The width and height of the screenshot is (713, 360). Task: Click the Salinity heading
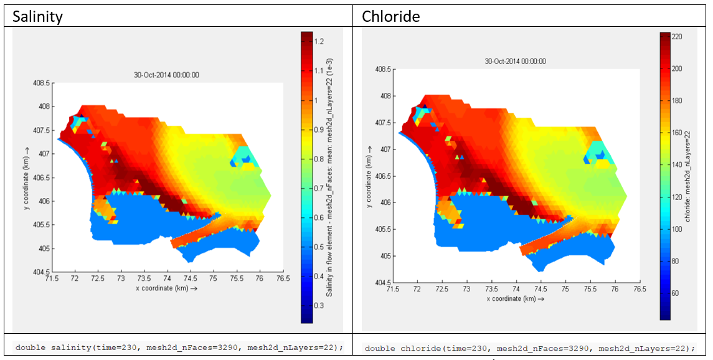click(38, 17)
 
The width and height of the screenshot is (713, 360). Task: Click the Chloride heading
click(390, 17)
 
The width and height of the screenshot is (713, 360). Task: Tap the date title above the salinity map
click(166, 75)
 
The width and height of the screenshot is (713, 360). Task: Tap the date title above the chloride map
click(515, 61)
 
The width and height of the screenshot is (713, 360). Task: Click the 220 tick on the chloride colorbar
click(677, 37)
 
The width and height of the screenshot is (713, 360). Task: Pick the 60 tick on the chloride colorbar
click(675, 293)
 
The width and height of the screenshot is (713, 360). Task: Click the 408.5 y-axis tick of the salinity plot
click(44, 83)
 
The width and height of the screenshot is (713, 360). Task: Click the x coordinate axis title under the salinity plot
click(167, 289)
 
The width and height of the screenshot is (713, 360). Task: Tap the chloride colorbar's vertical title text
click(688, 178)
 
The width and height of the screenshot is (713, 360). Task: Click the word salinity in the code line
click(67, 347)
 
